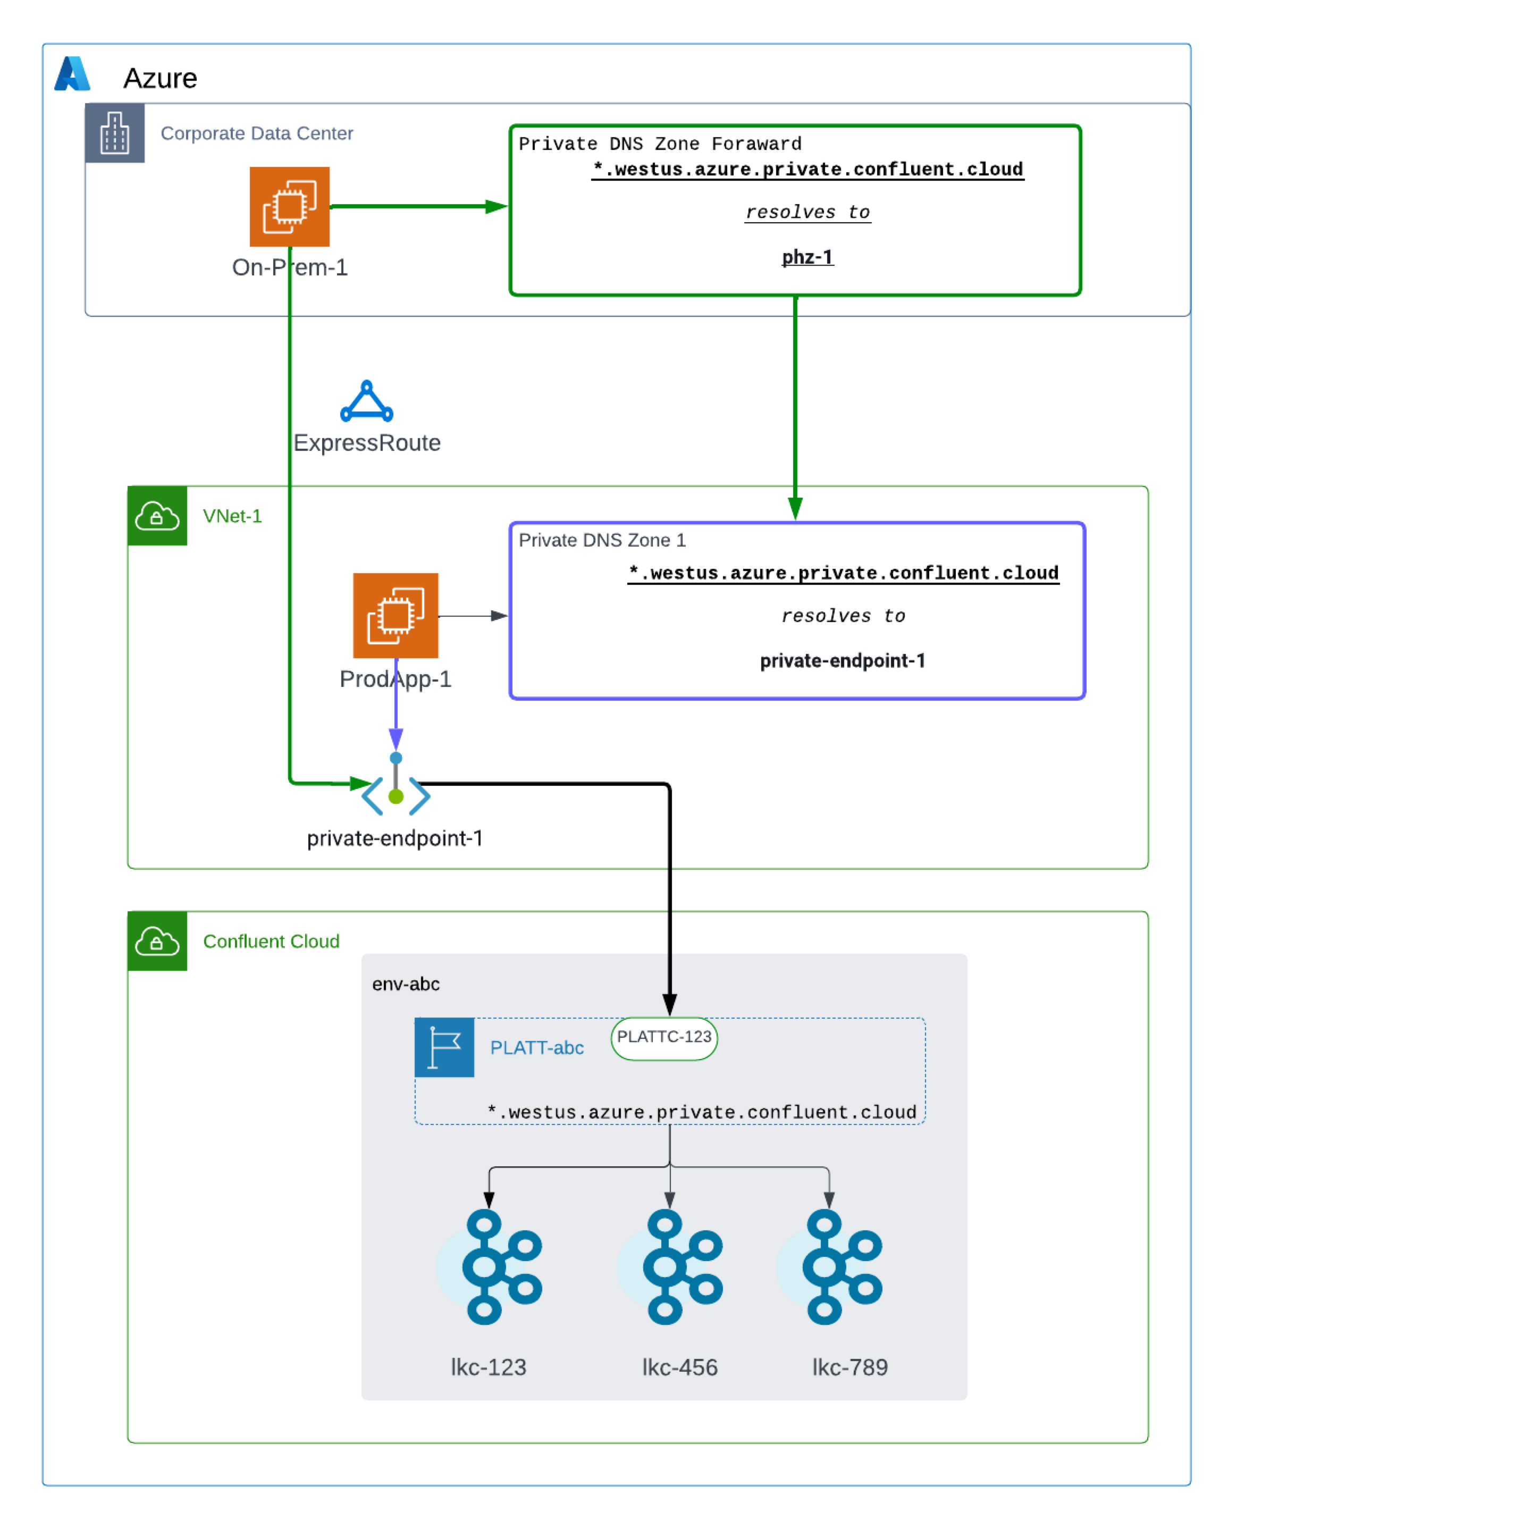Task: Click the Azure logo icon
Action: click(x=72, y=74)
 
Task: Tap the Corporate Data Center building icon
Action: click(x=115, y=132)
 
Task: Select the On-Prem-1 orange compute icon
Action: click(x=289, y=206)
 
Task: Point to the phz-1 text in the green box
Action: click(x=807, y=257)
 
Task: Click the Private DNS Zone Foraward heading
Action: click(x=659, y=144)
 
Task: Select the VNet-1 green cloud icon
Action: click(x=157, y=516)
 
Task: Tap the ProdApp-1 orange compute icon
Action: click(x=396, y=615)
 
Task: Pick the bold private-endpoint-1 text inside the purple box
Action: click(x=842, y=660)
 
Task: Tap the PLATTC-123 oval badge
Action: click(x=664, y=1037)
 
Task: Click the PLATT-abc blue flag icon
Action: click(x=444, y=1047)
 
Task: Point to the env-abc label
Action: click(x=406, y=984)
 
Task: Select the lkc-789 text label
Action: click(x=849, y=1367)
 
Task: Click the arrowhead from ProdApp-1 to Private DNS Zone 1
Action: click(x=499, y=616)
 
